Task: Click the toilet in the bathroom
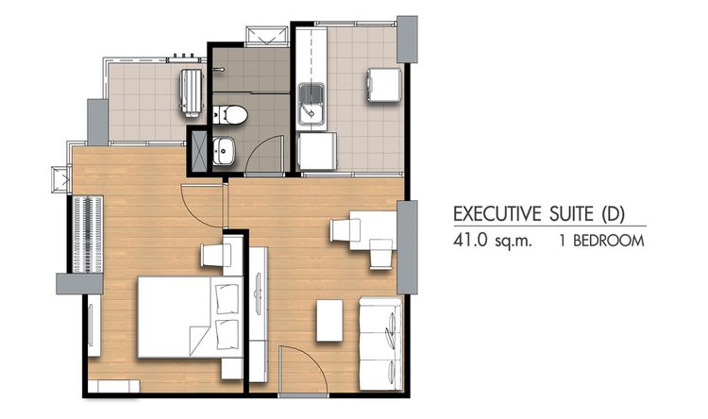231,115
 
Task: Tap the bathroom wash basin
224,150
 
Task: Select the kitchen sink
312,104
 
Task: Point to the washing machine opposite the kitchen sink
383,83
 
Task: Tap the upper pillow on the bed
227,298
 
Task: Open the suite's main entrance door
300,368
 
